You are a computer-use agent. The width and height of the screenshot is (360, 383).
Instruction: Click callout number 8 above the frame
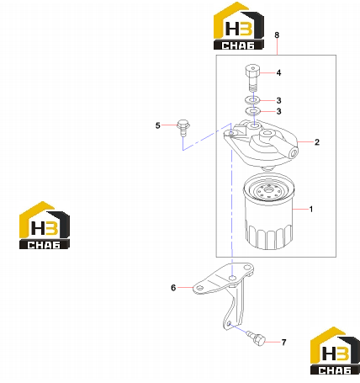pyautogui.click(x=277, y=35)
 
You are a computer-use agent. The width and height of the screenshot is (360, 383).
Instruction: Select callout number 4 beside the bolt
pyautogui.click(x=278, y=72)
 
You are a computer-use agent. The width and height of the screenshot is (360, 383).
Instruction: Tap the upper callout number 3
pyautogui.click(x=278, y=100)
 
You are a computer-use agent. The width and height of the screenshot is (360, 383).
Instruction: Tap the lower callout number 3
pyautogui.click(x=278, y=111)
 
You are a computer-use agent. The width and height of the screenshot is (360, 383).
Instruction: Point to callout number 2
pyautogui.click(x=317, y=142)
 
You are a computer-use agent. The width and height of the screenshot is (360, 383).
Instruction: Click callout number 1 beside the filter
pyautogui.click(x=311, y=209)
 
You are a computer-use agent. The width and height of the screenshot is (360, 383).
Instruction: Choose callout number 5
pyautogui.click(x=158, y=125)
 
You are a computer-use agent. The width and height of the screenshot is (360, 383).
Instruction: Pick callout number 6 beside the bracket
pyautogui.click(x=173, y=288)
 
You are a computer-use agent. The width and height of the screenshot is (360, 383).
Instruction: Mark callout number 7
pyautogui.click(x=283, y=343)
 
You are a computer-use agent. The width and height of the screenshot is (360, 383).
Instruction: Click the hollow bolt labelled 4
pyautogui.click(x=252, y=77)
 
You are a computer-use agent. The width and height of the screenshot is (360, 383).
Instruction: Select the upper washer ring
pyautogui.click(x=252, y=100)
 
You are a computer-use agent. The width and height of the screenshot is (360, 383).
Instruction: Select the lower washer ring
pyautogui.click(x=252, y=111)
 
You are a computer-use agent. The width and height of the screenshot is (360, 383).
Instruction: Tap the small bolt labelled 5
pyautogui.click(x=183, y=128)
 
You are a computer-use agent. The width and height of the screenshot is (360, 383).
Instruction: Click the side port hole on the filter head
pyautogui.click(x=294, y=153)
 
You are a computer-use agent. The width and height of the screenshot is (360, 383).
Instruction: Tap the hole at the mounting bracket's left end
pyautogui.click(x=199, y=289)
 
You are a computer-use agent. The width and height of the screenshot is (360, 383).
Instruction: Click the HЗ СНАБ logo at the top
pyautogui.click(x=239, y=26)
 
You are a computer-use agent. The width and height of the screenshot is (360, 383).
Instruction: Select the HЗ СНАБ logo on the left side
pyautogui.click(x=45, y=225)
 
